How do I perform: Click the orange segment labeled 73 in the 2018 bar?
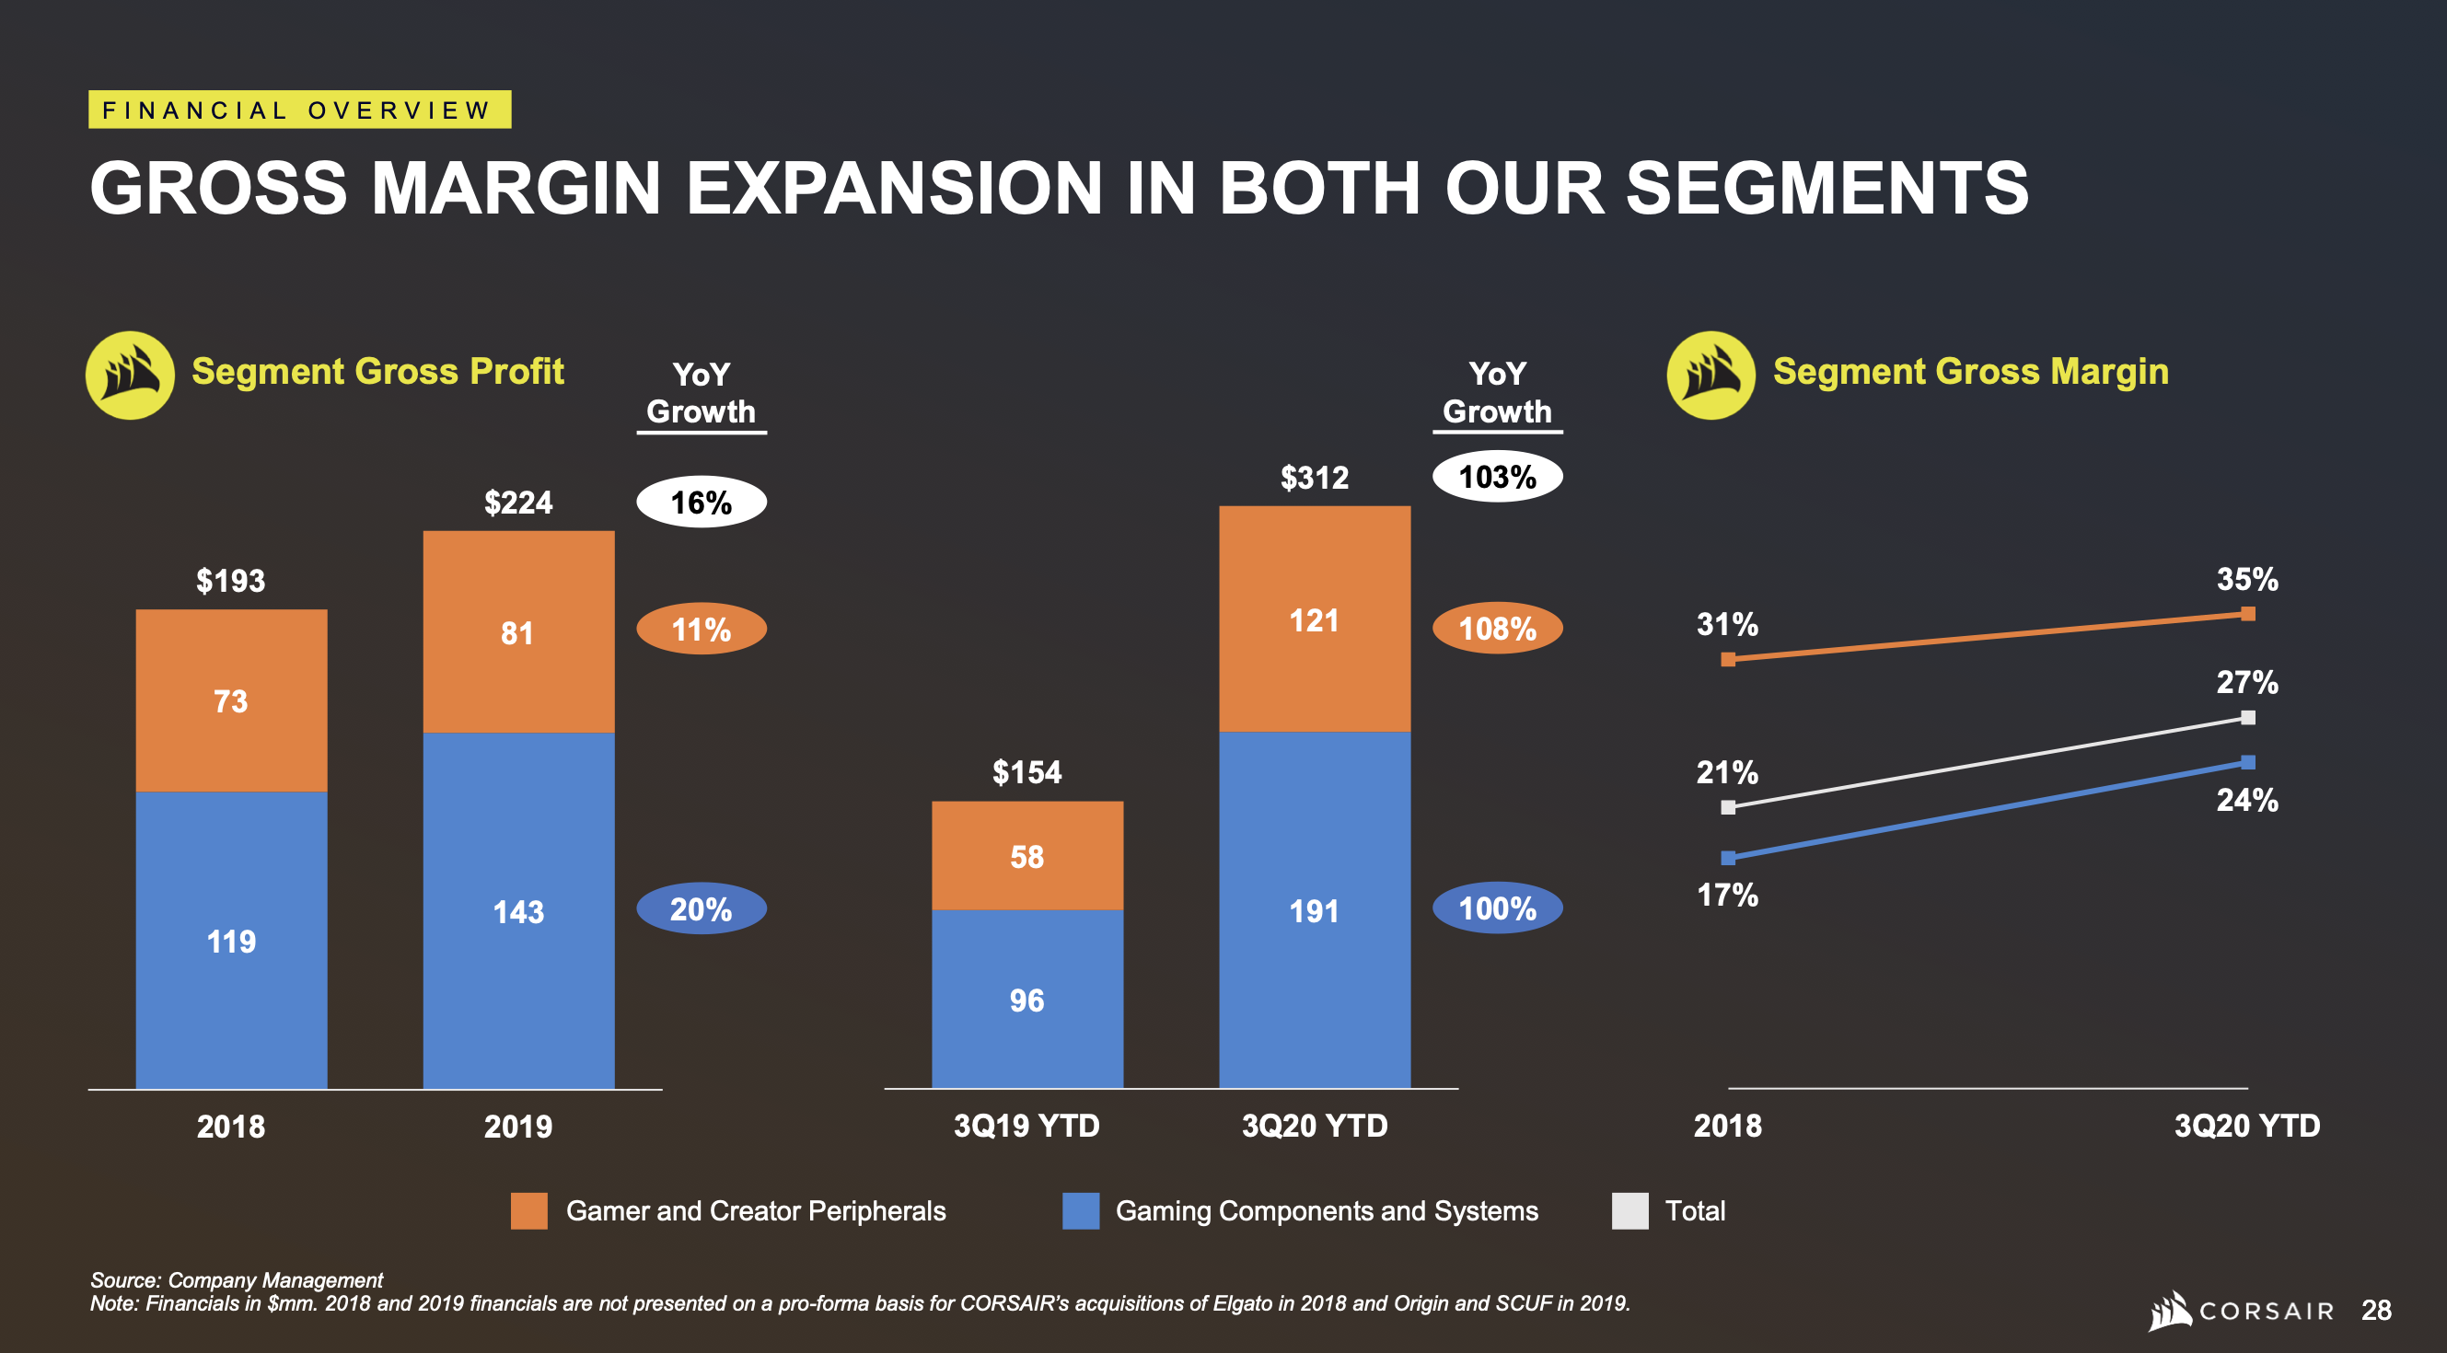pos(231,700)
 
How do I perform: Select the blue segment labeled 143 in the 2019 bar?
pos(517,910)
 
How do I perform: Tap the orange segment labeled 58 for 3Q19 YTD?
pos(1026,855)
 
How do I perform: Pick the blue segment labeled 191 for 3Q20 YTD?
pos(1314,909)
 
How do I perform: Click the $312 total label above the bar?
pos(1314,477)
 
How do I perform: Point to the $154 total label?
pos(1026,771)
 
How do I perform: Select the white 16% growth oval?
pos(701,502)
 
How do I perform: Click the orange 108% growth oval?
pos(1497,628)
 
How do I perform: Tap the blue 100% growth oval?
pos(1497,908)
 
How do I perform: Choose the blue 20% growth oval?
pos(701,908)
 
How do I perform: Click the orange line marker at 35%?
pos(2247,613)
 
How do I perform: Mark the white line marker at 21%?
pos(1728,807)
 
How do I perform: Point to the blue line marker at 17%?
pos(1728,858)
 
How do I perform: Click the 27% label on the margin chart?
pos(2246,682)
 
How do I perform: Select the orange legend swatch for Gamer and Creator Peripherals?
pos(528,1210)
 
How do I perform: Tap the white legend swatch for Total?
pos(1630,1210)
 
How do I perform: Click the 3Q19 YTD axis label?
pos(1026,1125)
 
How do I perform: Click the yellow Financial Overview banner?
pos(299,110)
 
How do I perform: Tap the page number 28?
pos(2376,1311)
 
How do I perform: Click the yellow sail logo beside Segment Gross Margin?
pos(1711,375)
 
